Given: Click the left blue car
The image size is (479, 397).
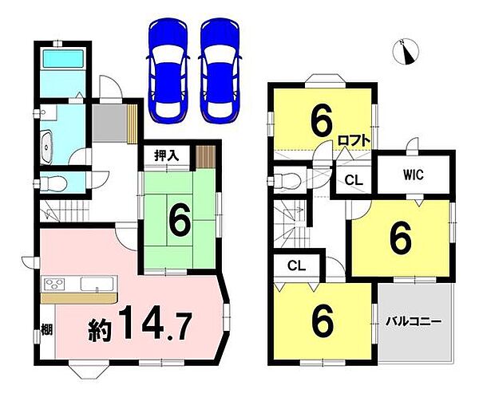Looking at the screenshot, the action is [x=168, y=71].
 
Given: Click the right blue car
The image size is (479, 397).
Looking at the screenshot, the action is [x=220, y=71].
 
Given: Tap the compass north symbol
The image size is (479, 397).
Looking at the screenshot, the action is [x=406, y=52].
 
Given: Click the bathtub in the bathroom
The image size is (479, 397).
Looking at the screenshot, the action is [x=63, y=58].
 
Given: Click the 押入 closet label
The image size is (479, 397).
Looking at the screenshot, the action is [x=166, y=156].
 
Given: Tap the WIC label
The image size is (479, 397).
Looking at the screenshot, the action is [x=414, y=175].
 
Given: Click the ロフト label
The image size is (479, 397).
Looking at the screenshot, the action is [x=354, y=140].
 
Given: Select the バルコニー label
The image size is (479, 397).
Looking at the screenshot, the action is [x=414, y=321].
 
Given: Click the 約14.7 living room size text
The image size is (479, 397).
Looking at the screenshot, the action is [x=140, y=324].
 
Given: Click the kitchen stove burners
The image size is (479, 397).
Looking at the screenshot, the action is [x=54, y=284].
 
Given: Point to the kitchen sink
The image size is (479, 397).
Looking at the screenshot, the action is [x=97, y=284].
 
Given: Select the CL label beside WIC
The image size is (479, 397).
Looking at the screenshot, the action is [x=354, y=181].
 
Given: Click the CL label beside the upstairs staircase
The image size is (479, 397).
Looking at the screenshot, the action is [x=296, y=266].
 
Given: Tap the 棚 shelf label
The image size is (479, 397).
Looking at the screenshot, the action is [x=47, y=329].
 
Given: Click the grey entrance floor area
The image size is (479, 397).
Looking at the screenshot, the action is [x=109, y=124].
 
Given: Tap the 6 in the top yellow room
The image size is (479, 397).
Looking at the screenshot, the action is [x=321, y=121].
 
